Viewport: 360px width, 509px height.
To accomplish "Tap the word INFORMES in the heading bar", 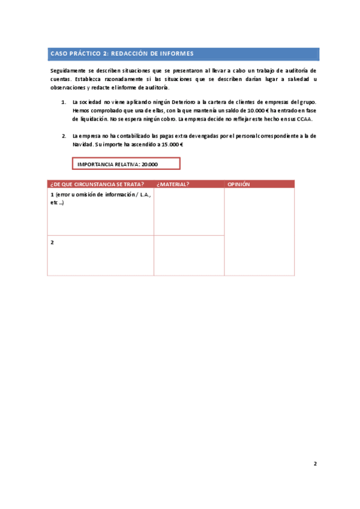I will (176, 53).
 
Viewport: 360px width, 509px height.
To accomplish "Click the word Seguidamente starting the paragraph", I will (69, 71).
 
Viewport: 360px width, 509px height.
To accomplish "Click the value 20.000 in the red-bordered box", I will (149, 164).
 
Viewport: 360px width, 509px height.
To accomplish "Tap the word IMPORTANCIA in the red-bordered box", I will (95, 164).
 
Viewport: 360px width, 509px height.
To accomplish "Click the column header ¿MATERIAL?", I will (173, 184).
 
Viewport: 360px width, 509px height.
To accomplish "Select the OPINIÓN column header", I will (239, 184).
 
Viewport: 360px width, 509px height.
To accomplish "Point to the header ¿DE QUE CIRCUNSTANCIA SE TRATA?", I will (98, 184).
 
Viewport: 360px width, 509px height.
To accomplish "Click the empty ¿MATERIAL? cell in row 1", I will (189, 212).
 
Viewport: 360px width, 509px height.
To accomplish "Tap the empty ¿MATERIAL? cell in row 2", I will (189, 255).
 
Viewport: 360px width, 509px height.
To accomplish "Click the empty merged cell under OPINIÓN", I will (259, 232).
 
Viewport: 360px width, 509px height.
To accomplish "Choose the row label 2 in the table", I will (53, 242).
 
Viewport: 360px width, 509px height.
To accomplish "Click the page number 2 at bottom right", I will (315, 464).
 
